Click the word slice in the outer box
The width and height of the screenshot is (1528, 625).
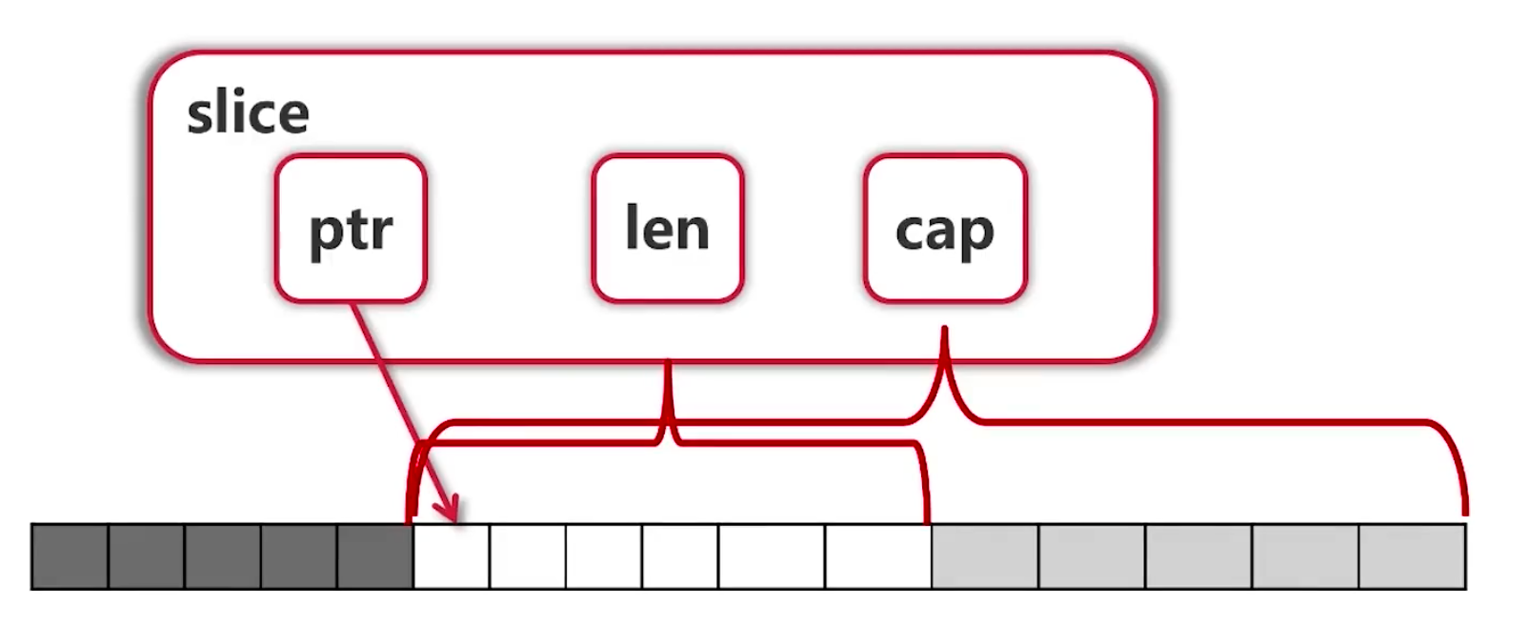[248, 113]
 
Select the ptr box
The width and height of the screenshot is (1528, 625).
[351, 229]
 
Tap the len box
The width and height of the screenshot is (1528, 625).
[667, 229]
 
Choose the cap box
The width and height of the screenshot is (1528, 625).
[944, 229]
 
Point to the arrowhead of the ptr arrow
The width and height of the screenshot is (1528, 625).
[452, 513]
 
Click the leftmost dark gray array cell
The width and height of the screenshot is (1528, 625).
[70, 556]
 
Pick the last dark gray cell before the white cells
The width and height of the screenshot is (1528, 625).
[375, 556]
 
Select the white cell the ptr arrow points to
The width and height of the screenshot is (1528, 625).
[452, 556]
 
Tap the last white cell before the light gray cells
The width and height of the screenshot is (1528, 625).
[877, 556]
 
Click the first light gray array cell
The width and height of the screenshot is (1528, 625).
[985, 556]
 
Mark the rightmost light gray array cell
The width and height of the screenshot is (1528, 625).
[1412, 556]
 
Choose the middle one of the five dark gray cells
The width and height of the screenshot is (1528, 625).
[223, 556]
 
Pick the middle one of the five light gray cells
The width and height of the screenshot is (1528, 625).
[1198, 556]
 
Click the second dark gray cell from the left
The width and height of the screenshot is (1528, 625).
[147, 556]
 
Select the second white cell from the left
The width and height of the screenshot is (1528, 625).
[528, 556]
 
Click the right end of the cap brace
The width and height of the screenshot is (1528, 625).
[1464, 513]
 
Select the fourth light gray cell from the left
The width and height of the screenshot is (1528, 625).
[1305, 556]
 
